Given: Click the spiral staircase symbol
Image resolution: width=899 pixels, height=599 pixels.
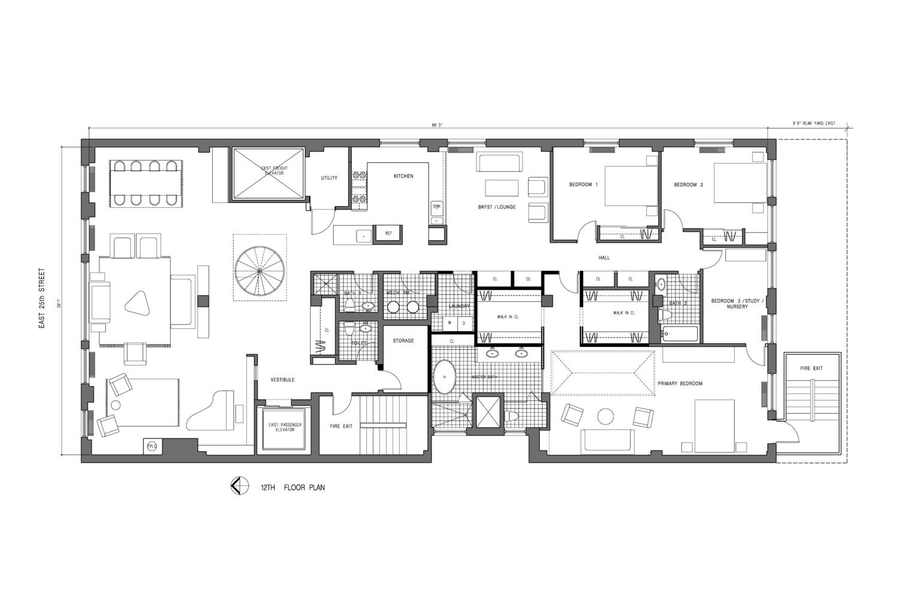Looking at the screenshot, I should [260, 272].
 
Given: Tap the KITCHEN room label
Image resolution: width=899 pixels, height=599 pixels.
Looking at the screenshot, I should [403, 176].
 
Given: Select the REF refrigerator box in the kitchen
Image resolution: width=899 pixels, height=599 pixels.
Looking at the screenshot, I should [388, 234].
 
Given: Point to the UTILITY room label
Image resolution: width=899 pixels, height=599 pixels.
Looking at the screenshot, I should [329, 178].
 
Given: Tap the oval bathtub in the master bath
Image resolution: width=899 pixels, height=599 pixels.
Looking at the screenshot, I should [445, 377].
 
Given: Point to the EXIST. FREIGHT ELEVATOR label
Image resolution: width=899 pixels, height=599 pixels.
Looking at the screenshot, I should [273, 171].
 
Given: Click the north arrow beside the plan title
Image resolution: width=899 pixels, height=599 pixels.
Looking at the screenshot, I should [238, 486].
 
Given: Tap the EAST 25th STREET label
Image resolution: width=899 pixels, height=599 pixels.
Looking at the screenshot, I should [42, 298].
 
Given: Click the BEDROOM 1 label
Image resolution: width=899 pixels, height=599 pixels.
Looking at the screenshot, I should [583, 184].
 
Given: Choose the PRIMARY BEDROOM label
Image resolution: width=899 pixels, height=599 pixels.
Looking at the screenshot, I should [680, 383].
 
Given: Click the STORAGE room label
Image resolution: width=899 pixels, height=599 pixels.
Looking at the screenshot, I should [403, 341].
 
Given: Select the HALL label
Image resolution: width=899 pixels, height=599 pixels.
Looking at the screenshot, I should [604, 258].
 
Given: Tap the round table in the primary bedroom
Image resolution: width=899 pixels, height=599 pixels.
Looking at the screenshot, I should [606, 416].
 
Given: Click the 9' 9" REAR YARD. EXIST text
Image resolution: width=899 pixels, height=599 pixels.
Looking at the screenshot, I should [813, 123].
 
